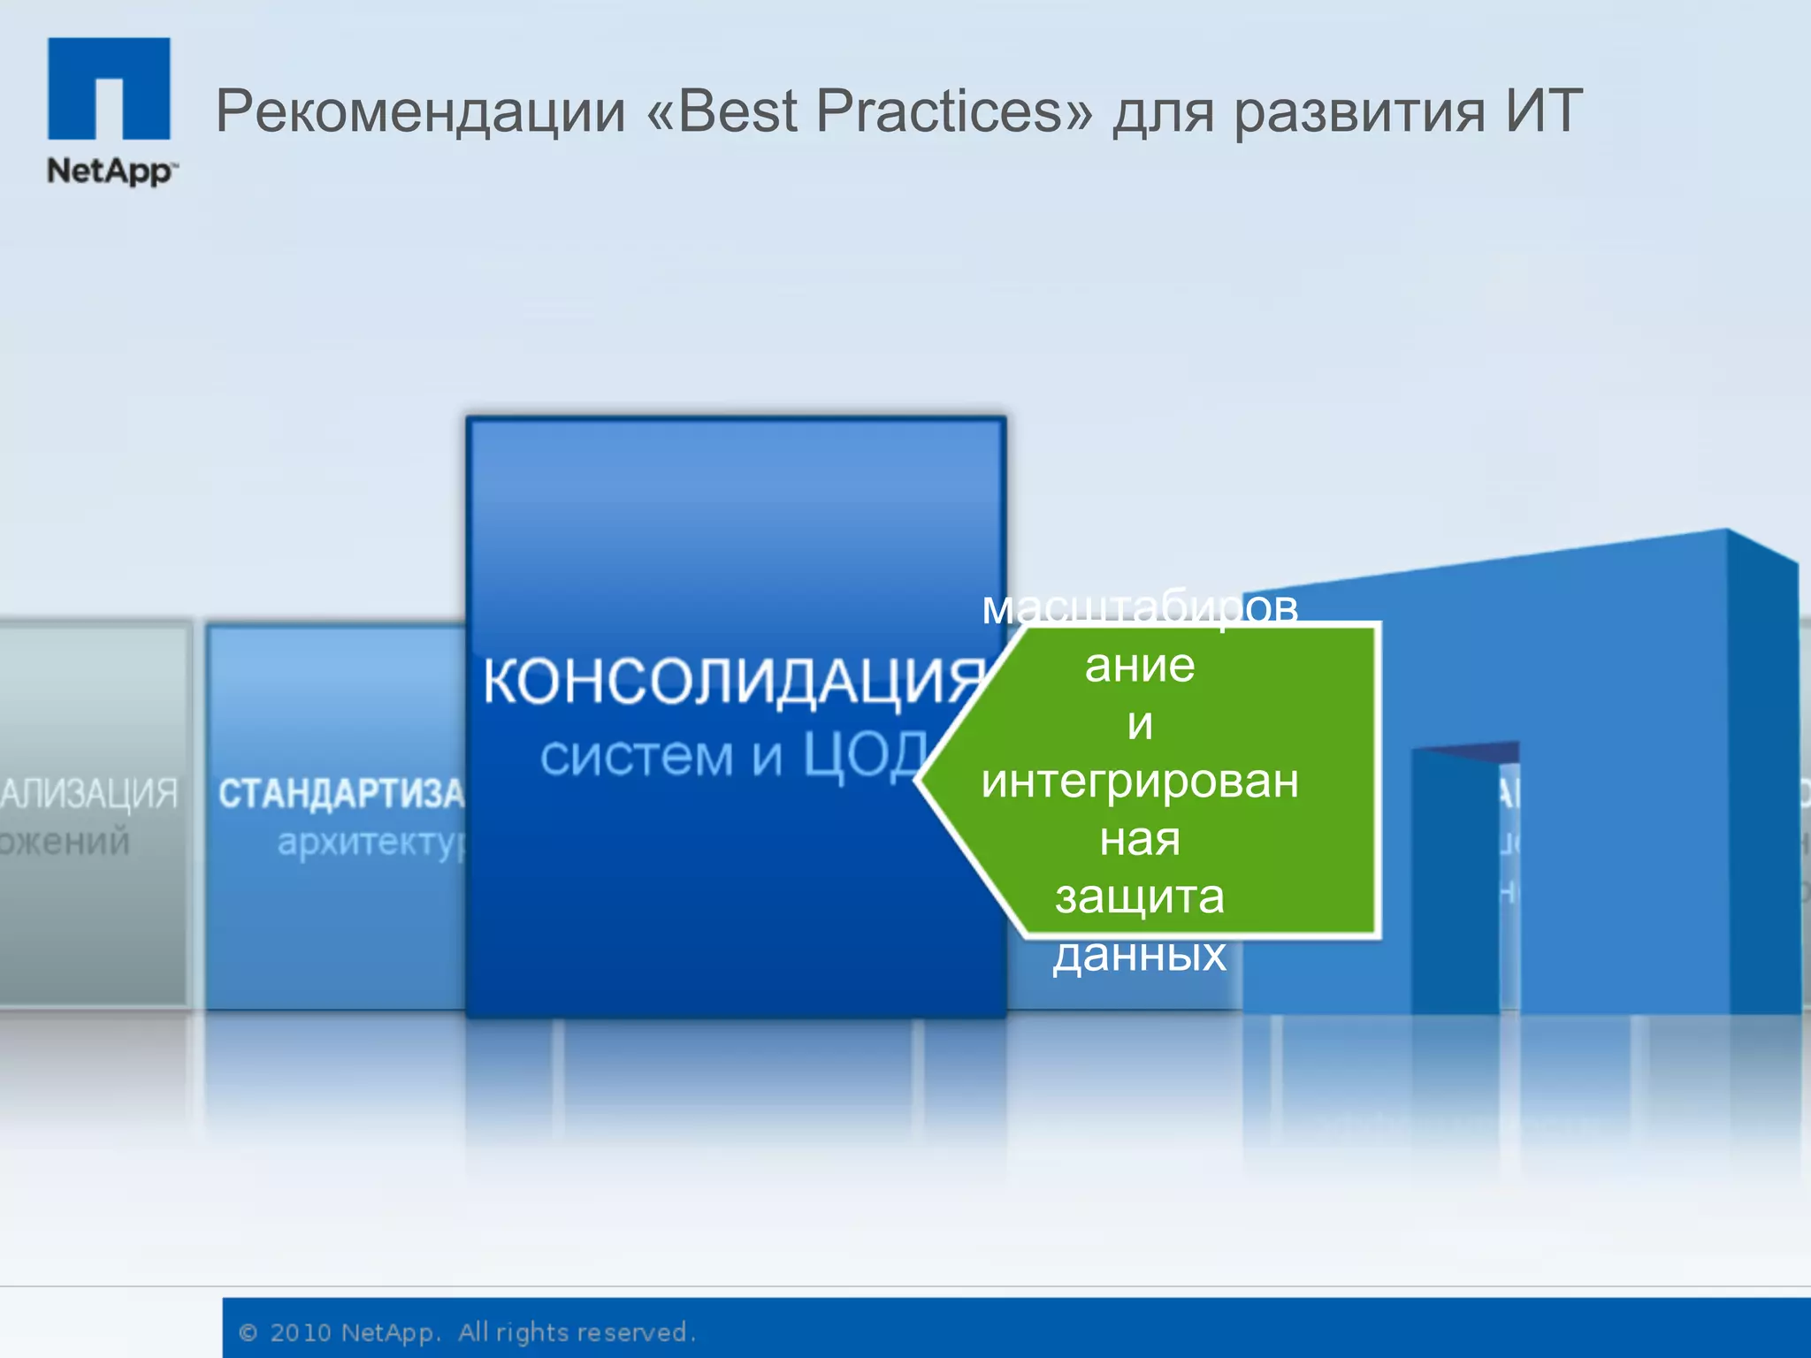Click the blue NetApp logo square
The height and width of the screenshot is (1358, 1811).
click(x=109, y=88)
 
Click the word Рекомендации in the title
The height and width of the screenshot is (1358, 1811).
click(x=421, y=112)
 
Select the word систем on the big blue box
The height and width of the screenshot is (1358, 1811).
click(x=637, y=757)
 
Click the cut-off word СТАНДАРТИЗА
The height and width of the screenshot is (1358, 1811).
click(x=340, y=794)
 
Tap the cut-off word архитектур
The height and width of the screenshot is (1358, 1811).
click(x=371, y=843)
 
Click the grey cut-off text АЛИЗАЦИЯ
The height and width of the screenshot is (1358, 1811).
click(x=88, y=794)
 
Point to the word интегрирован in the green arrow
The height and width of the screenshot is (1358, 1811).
click(x=1140, y=782)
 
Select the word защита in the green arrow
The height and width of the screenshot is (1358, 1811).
click(x=1140, y=897)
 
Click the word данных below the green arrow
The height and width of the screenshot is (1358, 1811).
click(x=1140, y=955)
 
